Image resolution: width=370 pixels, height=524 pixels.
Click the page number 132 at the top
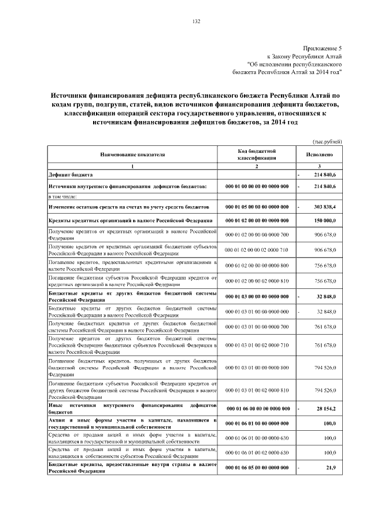[196, 21]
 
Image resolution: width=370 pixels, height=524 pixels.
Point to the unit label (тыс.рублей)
[327, 141]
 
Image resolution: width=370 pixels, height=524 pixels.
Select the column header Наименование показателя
[132, 155]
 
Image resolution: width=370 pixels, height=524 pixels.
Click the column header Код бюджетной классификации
[257, 154]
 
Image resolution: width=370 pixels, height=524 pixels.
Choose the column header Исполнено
[319, 155]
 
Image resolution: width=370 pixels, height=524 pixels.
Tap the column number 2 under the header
[257, 167]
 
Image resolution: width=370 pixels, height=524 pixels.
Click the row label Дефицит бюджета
[70, 174]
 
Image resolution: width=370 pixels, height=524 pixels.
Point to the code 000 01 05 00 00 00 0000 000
[257, 207]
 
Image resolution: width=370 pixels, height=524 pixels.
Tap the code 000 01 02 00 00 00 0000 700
[257, 234]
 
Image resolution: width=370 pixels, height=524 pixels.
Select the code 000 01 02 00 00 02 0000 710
[257, 250]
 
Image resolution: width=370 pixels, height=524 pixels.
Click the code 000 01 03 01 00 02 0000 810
[257, 391]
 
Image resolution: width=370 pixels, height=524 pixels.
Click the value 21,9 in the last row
[331, 467]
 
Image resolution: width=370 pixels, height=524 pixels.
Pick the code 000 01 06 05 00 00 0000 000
[257, 467]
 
